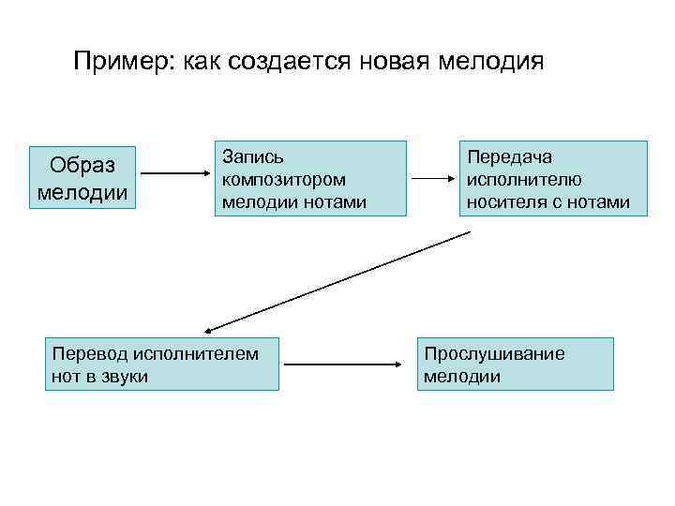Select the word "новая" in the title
[392, 63]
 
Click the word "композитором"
[284, 179]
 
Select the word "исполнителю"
[525, 179]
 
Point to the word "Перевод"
[89, 353]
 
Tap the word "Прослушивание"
[494, 353]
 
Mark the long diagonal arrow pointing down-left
[337, 281]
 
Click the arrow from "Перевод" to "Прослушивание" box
[343, 365]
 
